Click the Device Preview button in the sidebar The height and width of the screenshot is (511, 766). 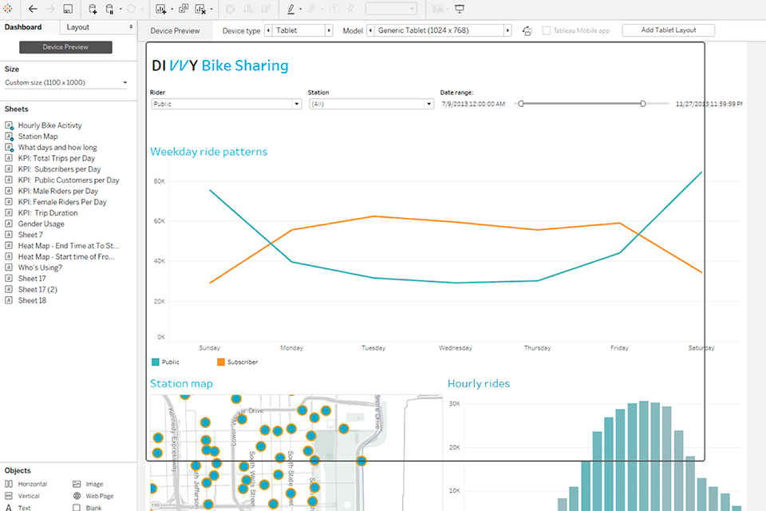point(65,48)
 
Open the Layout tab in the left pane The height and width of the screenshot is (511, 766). point(78,27)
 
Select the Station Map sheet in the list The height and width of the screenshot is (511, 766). point(38,137)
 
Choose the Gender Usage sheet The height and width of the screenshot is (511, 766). point(41,224)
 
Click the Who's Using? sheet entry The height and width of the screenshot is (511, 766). point(39,267)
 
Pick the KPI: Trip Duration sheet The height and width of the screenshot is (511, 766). point(48,213)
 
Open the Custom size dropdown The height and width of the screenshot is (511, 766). point(65,82)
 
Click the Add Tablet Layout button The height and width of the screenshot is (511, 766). point(668,30)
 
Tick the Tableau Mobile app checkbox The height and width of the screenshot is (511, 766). point(547,30)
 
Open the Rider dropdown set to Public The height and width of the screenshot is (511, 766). point(225,104)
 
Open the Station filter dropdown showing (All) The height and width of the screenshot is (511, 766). point(371,104)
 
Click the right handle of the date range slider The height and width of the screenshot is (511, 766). point(642,104)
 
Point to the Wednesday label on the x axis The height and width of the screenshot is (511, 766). point(456,348)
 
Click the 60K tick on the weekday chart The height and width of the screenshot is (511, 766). point(160,221)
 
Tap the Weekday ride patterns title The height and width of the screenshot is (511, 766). point(209,152)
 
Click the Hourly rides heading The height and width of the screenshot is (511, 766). point(479,383)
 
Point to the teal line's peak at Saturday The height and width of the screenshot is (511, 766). point(701,172)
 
